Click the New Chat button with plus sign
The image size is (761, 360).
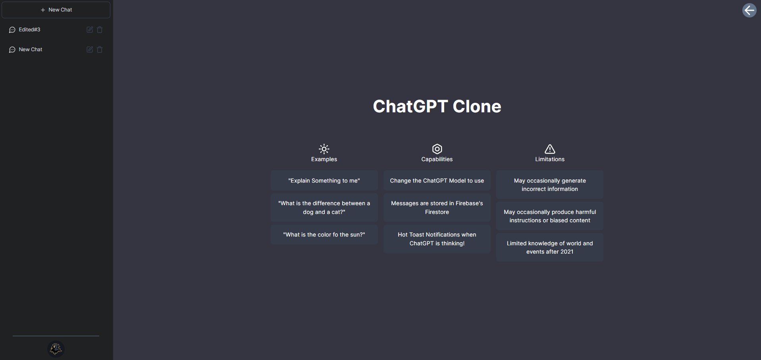(56, 10)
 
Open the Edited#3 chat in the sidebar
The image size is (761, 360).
(29, 30)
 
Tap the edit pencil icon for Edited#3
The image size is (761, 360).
(90, 30)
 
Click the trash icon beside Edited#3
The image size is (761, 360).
(100, 30)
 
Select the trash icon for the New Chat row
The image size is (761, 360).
(100, 50)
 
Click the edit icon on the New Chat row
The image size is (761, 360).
(90, 50)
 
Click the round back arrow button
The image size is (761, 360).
(749, 10)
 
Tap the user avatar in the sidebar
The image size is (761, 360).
(56, 349)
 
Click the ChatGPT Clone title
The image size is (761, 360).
(437, 106)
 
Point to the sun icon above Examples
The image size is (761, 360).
(324, 149)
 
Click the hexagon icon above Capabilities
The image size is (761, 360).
(437, 149)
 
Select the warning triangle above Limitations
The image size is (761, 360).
(550, 149)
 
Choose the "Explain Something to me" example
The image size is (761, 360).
(324, 181)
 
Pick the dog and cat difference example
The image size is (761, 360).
(324, 208)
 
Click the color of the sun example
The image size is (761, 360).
(324, 235)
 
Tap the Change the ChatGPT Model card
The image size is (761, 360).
(437, 181)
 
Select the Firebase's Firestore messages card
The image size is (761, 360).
(437, 208)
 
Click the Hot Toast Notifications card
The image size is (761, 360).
(437, 239)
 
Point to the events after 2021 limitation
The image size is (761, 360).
(550, 247)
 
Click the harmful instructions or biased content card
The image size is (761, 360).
(550, 216)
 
